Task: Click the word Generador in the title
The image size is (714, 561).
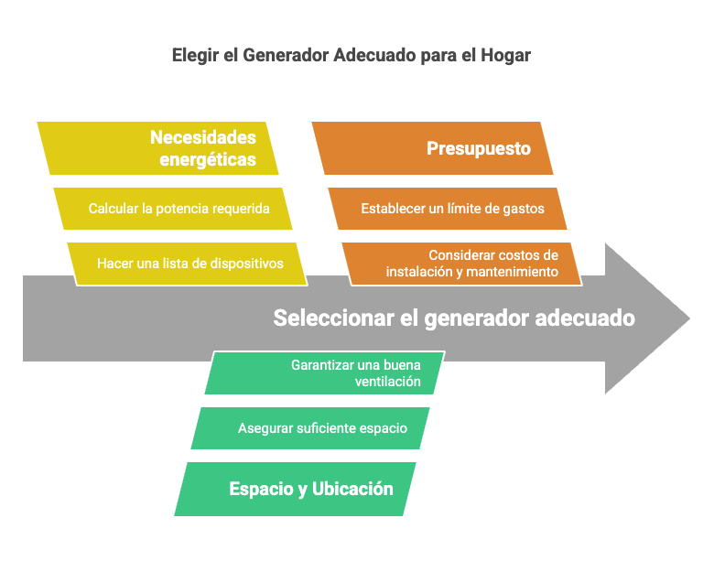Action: pos(286,56)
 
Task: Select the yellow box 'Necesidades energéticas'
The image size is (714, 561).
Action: pos(157,148)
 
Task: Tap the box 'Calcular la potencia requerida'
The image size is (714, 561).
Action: pos(173,209)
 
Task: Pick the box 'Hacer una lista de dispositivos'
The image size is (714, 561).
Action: pos(187,264)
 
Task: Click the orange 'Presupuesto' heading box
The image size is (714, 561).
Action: pos(433,148)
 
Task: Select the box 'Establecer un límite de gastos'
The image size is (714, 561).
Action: pos(448,209)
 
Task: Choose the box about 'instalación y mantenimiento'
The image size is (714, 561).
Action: pos(461,264)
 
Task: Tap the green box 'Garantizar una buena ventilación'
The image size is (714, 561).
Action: pos(325,372)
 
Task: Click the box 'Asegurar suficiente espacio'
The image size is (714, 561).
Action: pos(310,428)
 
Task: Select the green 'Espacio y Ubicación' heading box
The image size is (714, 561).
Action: pos(295,489)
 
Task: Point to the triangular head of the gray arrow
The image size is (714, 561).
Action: pos(647,318)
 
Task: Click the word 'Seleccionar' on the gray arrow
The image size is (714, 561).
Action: pos(334,318)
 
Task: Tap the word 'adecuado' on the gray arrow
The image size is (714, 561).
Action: pos(585,318)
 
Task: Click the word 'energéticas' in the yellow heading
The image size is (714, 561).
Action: pos(208,160)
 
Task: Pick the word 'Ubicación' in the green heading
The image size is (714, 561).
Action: pos(352,489)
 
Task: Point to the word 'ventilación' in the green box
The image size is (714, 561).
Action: pos(388,381)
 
